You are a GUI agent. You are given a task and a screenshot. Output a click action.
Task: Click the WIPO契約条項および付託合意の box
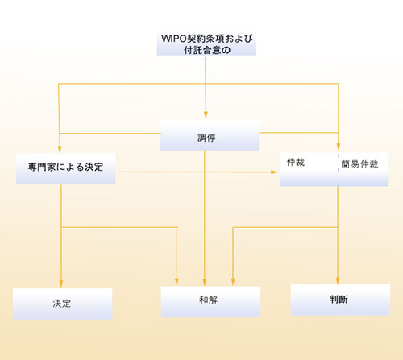tap(206, 44)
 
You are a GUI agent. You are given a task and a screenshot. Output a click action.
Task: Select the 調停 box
tap(209, 135)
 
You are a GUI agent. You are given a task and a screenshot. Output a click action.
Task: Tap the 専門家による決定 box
tap(66, 169)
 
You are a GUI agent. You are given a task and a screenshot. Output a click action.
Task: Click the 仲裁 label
tap(296, 163)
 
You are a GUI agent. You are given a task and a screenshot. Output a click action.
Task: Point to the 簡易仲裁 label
tap(359, 164)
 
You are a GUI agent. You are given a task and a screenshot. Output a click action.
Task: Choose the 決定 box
tap(63, 304)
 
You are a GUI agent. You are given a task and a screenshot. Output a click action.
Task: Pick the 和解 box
tap(210, 302)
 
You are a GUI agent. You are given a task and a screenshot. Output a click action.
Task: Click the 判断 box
tap(340, 300)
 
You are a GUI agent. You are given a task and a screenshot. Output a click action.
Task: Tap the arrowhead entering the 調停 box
tap(206, 115)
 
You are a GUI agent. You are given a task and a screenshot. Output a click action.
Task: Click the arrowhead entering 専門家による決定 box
tap(60, 149)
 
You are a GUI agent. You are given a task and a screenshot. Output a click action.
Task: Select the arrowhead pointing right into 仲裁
tap(274, 172)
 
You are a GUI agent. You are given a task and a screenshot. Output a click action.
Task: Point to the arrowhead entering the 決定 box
tap(61, 284)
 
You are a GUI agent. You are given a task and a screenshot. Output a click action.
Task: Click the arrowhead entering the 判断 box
tap(338, 281)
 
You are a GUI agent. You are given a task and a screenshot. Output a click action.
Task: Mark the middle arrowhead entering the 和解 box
tap(205, 283)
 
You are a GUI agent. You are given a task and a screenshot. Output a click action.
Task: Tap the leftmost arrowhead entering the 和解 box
tap(177, 282)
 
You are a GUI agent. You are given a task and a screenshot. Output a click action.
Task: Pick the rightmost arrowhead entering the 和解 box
tap(233, 282)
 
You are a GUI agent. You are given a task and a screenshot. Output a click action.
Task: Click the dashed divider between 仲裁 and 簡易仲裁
tap(339, 169)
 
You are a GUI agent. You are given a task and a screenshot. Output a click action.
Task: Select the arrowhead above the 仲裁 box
tap(339, 147)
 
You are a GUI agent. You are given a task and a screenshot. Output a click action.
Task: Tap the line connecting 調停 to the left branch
tap(110, 133)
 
